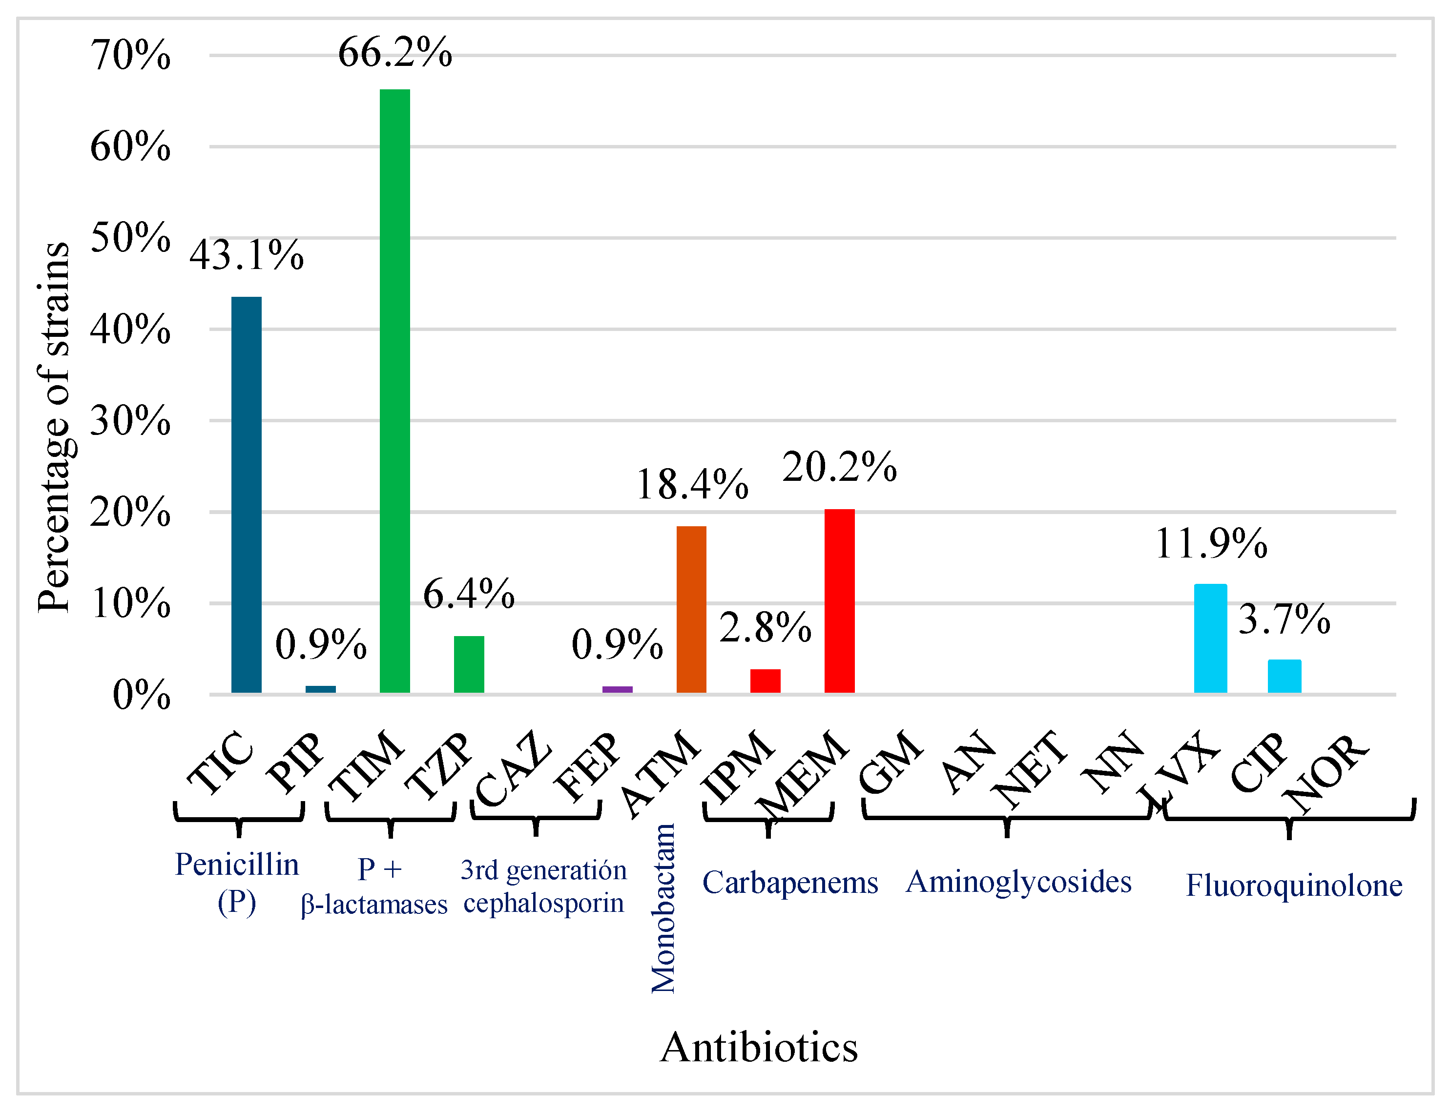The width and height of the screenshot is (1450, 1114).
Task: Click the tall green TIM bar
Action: (394, 391)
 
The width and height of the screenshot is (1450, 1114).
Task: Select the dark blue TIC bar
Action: (246, 495)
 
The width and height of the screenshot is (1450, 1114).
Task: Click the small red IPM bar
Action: (765, 681)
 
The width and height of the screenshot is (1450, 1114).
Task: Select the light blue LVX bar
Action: (1210, 638)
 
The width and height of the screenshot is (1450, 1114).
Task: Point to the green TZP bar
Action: (469, 664)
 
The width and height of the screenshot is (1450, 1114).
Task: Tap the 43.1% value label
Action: (247, 255)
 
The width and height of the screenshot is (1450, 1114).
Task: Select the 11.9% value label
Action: (1211, 544)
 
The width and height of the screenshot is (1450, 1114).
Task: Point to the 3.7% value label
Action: (1284, 619)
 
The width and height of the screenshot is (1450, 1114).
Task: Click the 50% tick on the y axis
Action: (131, 237)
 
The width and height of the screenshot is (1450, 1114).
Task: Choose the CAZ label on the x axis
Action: (513, 768)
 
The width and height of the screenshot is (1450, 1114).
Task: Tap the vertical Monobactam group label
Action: (663, 908)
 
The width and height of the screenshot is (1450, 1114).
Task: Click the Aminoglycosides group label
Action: (1018, 882)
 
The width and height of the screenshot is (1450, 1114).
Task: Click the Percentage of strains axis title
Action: (54, 428)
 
